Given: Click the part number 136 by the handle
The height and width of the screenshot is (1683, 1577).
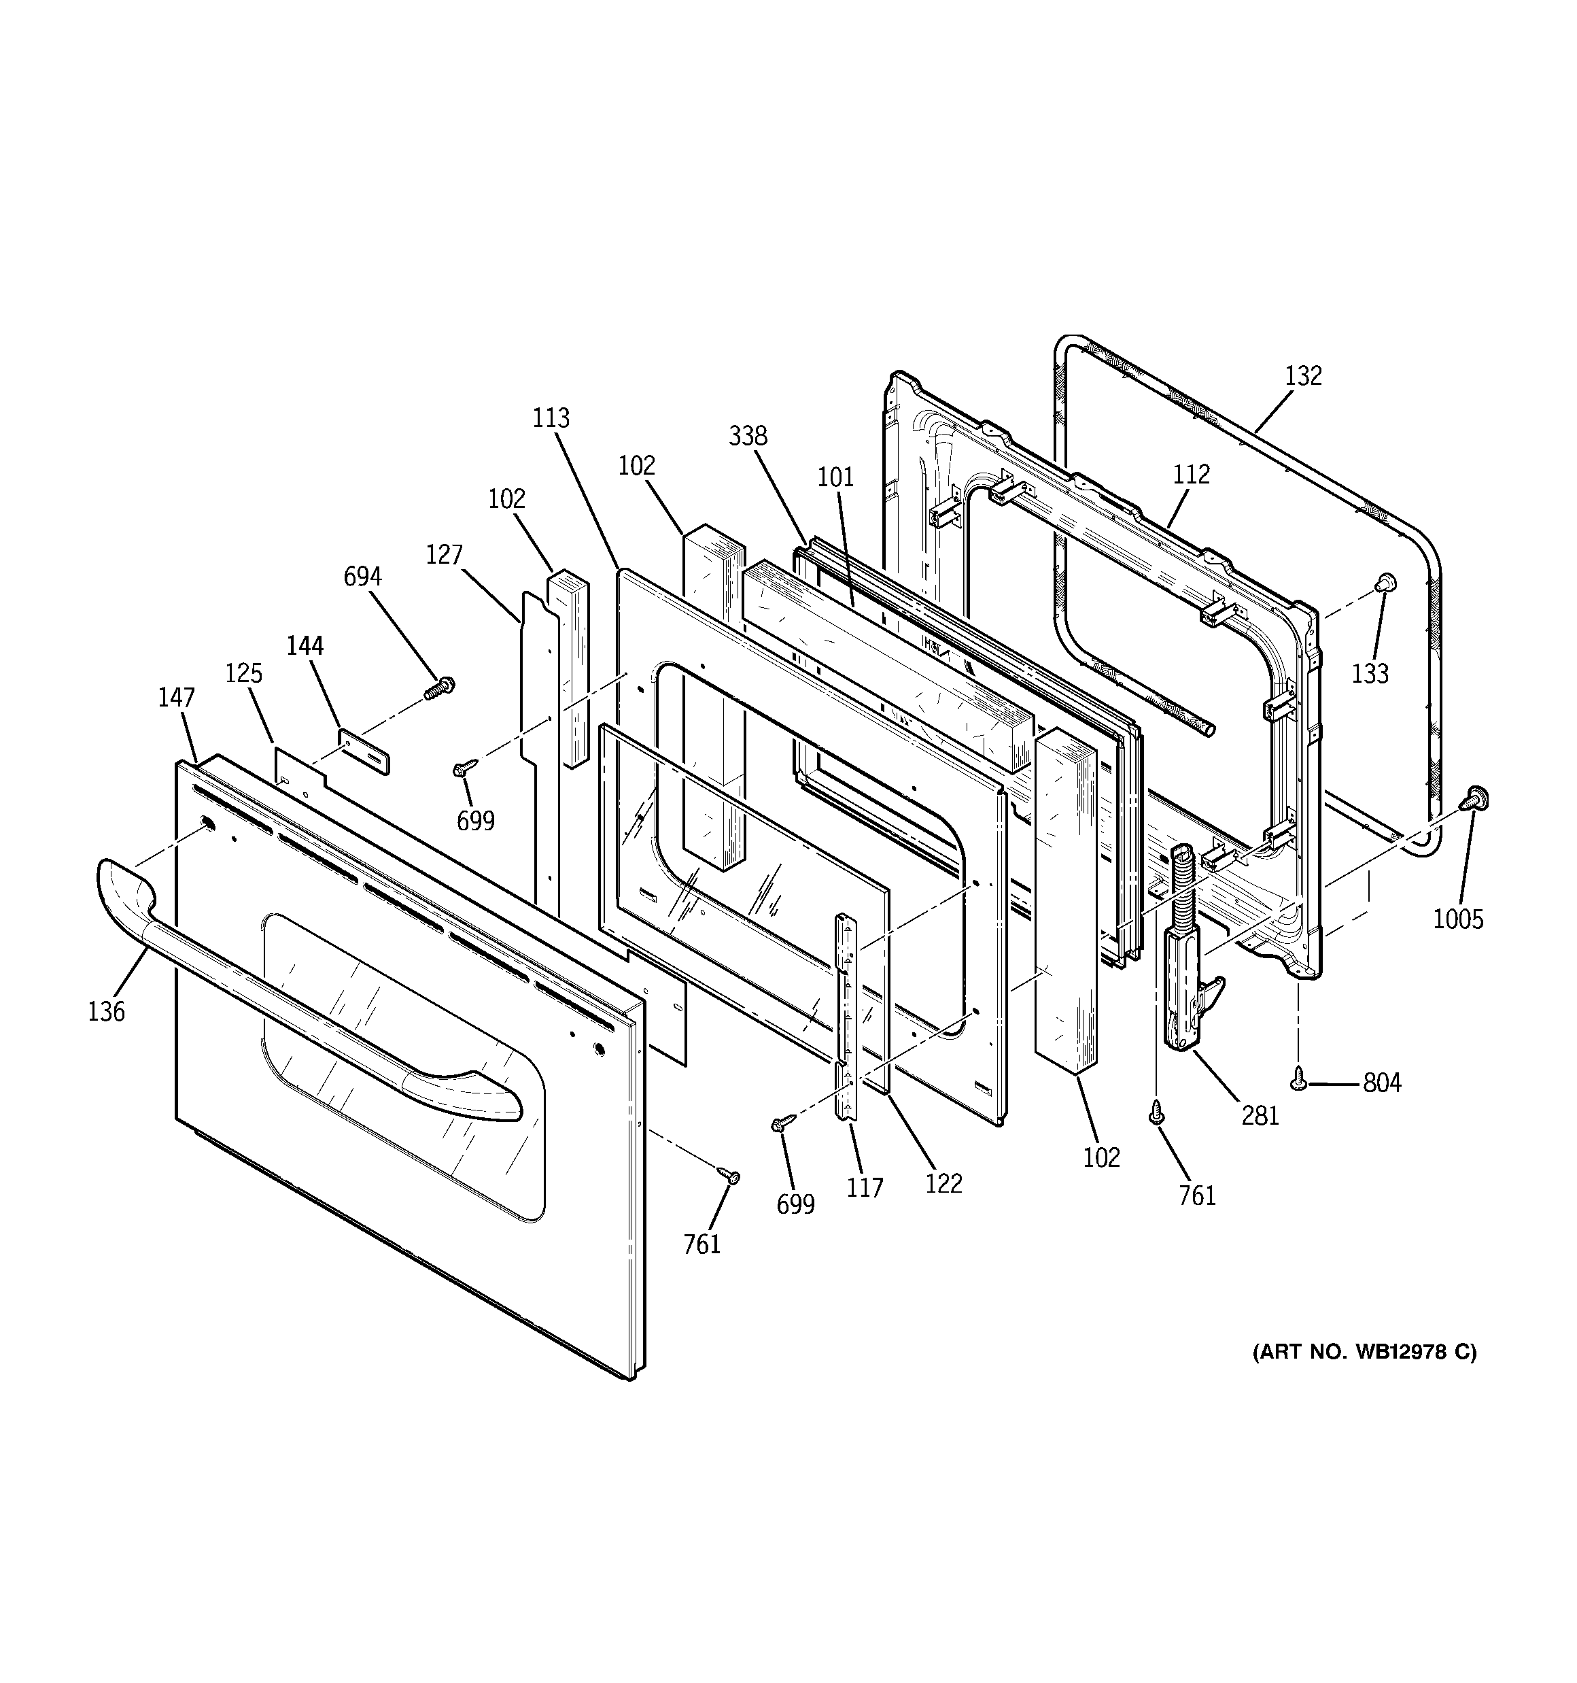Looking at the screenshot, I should click(106, 1010).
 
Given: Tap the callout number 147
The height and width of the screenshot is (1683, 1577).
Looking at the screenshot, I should click(176, 698).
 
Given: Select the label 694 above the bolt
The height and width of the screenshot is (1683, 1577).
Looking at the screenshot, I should click(362, 577).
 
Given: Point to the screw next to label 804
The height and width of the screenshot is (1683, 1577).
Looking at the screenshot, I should click(1298, 1078).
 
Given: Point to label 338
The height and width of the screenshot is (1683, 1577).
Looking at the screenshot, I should click(748, 436).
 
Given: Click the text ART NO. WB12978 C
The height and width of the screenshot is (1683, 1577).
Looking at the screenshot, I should click(1364, 1376).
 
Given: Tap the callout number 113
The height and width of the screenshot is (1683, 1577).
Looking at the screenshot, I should click(551, 418).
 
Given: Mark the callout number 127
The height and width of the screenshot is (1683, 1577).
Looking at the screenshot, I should click(444, 554).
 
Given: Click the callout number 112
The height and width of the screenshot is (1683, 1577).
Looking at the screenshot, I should click(1191, 474).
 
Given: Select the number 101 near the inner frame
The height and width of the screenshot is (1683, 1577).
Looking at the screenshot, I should click(835, 477).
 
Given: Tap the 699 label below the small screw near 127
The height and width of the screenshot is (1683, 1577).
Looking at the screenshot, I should click(476, 820).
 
